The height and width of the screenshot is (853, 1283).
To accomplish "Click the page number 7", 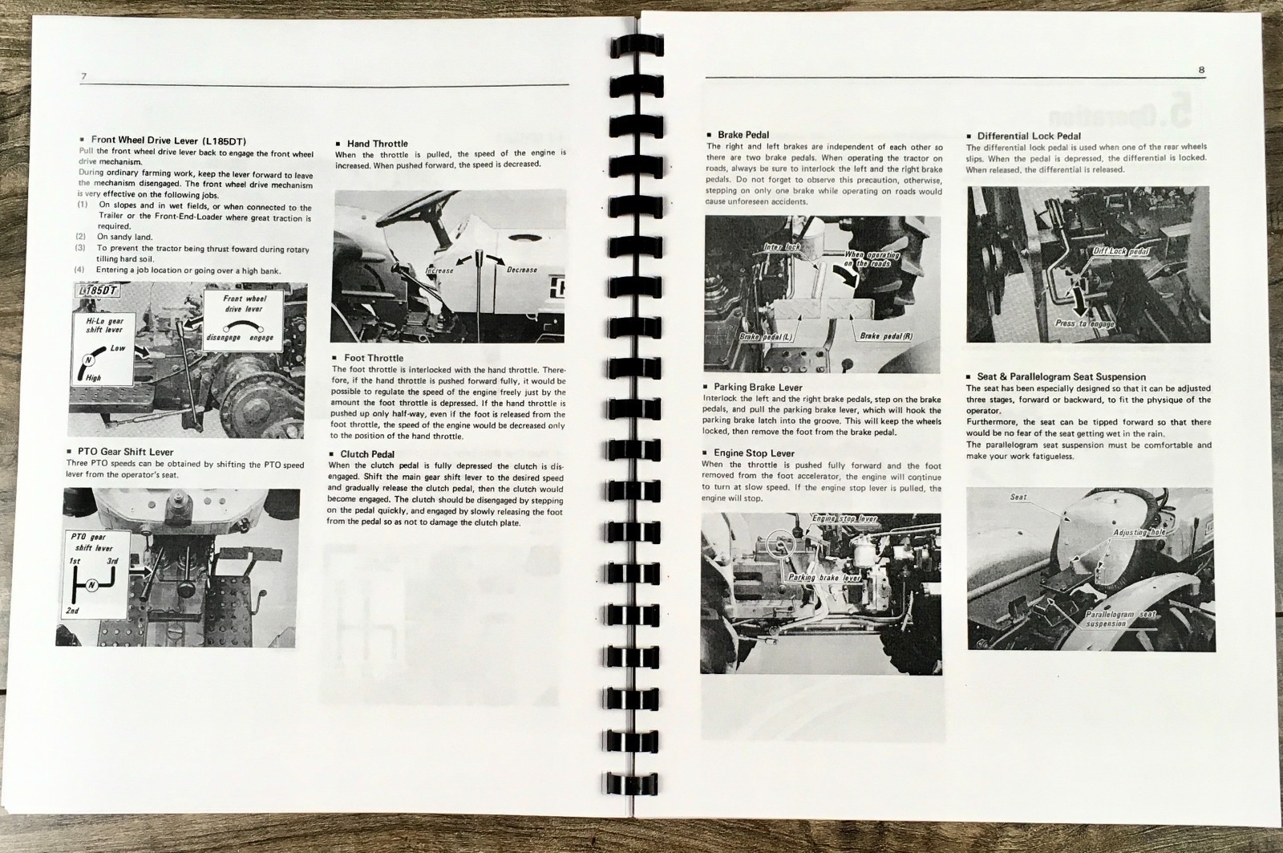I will [84, 75].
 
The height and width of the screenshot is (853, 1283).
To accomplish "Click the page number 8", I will [1201, 70].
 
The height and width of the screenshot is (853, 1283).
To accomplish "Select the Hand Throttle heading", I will [377, 144].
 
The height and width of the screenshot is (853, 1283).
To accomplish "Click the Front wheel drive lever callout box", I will [245, 317].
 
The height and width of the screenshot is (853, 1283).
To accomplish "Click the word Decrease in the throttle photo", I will [521, 270].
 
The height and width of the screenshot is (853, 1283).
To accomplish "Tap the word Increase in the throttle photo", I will [439, 270].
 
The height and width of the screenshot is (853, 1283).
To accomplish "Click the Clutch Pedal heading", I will [366, 454].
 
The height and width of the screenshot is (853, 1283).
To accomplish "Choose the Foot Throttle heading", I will [374, 358].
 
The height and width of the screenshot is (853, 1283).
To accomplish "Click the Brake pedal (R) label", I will [885, 335].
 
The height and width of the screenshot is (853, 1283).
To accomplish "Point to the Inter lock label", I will [782, 247].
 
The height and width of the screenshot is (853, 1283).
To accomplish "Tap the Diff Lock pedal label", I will [1120, 252].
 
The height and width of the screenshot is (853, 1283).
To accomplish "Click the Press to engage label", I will [1084, 323].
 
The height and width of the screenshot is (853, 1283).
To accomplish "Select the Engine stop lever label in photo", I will [844, 519].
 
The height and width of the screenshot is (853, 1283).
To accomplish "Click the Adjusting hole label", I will [1138, 533].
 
